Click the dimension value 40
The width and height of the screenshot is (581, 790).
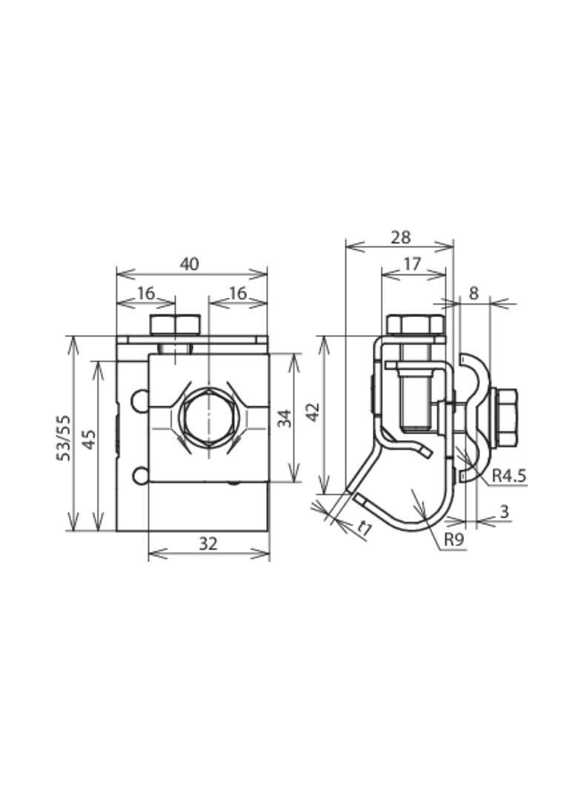[x=190, y=264]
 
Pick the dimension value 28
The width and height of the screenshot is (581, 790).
[x=401, y=237]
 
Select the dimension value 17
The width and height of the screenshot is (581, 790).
[x=412, y=264]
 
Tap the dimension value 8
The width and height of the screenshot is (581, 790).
[x=473, y=293]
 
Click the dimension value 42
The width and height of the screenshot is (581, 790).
[x=313, y=412]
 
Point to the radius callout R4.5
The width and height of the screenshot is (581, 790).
[x=509, y=474]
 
